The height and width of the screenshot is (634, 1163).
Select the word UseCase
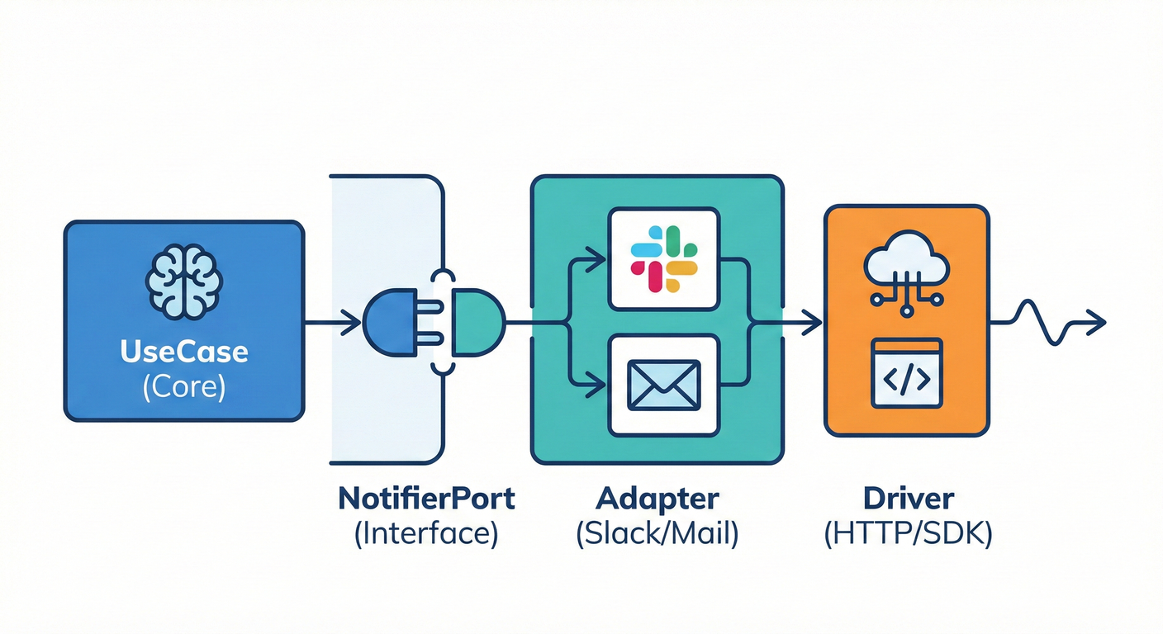click(183, 352)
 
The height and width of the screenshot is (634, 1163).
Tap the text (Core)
click(183, 386)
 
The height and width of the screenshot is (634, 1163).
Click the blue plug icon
click(394, 322)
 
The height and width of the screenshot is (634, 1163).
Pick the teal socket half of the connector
click(474, 322)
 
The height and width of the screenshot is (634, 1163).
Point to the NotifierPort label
click(426, 499)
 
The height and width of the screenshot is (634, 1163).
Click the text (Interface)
click(426, 534)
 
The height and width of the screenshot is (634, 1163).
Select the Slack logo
click(664, 258)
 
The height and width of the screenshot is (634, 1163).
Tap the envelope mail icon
click(664, 385)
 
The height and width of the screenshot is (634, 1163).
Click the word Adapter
click(657, 499)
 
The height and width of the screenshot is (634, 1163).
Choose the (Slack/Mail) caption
click(657, 534)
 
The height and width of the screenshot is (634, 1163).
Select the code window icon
click(906, 373)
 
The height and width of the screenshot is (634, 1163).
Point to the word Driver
click(909, 499)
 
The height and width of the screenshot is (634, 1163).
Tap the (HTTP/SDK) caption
click(909, 534)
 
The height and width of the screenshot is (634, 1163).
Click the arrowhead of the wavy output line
click(1097, 322)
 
